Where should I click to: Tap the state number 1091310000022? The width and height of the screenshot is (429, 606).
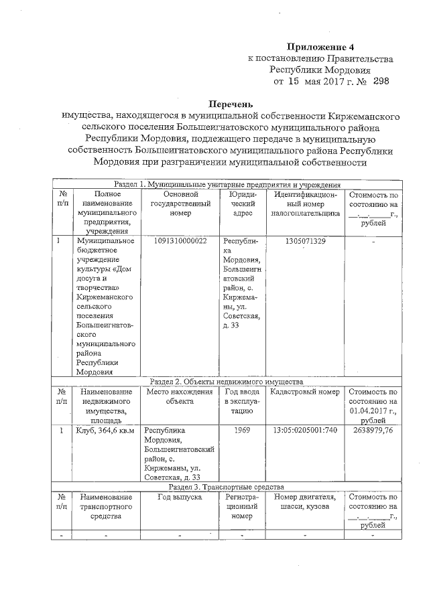(180, 240)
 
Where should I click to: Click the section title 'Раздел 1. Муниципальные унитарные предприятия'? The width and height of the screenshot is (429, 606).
(228, 184)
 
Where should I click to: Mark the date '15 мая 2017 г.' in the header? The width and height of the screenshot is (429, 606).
(313, 81)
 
